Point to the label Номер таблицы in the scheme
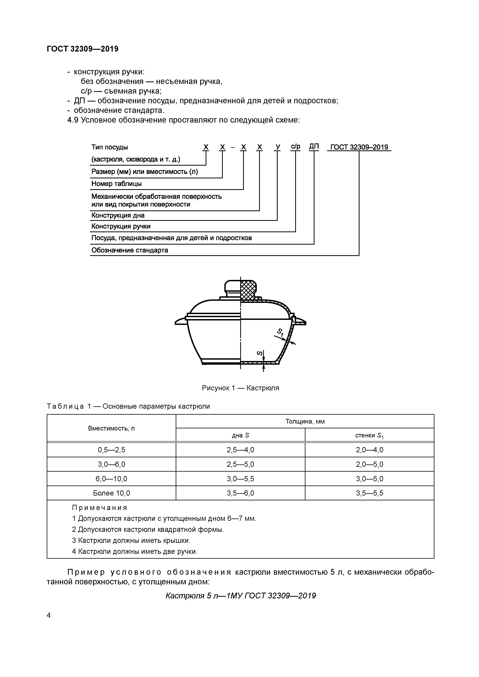tap(116, 184)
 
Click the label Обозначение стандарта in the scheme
tap(130, 250)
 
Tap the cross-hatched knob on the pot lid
tap(248, 290)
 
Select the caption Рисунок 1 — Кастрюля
tap(240, 388)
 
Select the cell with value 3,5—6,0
tap(240, 493)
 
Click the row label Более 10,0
tap(111, 493)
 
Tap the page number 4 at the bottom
tap(49, 615)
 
